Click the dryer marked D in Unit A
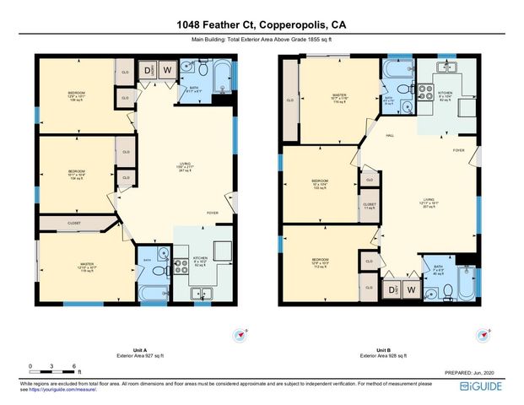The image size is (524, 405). point(149,70)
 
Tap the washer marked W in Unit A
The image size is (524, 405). point(167,70)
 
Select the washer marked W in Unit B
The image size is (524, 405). point(411,289)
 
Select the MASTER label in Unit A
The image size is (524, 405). point(86,263)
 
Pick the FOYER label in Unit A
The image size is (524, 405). point(213,213)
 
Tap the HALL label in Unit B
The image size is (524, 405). point(391,135)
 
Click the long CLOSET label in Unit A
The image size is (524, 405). point(73,224)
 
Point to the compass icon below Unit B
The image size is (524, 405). point(482,336)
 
